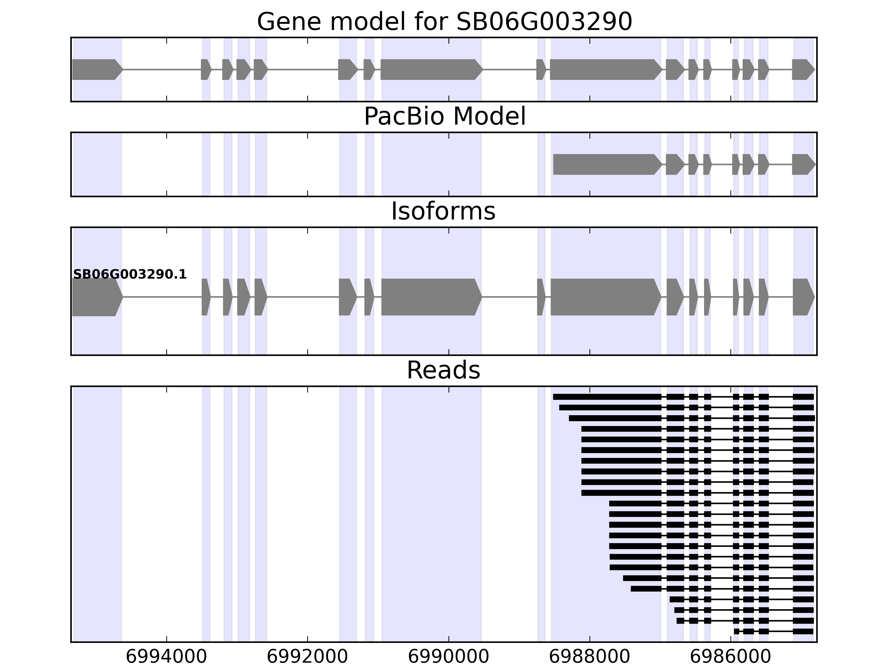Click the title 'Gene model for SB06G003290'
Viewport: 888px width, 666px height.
pyautogui.click(x=444, y=22)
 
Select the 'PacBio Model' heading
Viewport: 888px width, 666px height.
pyautogui.click(x=444, y=117)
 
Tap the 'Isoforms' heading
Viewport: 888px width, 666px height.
pyautogui.click(x=443, y=211)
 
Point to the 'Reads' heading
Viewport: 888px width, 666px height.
pyautogui.click(x=443, y=370)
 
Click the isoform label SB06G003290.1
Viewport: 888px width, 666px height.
pyautogui.click(x=130, y=274)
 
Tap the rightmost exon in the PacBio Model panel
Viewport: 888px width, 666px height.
pyautogui.click(x=803, y=164)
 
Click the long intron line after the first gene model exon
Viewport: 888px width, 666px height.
pyautogui.click(x=162, y=69)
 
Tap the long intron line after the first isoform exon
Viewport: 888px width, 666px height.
pyautogui.click(x=162, y=297)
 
